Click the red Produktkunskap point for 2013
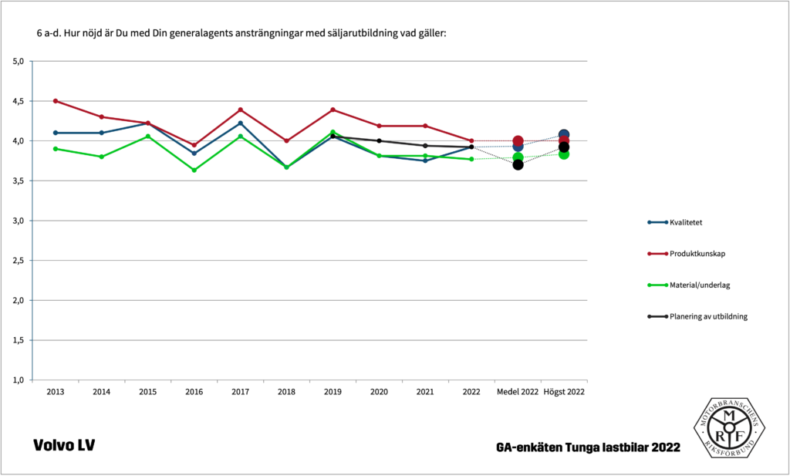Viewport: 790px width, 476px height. pyautogui.click(x=56, y=101)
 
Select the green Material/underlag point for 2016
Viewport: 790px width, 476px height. pyautogui.click(x=194, y=170)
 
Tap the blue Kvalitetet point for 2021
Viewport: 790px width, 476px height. pyautogui.click(x=425, y=160)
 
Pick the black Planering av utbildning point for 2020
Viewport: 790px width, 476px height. pyautogui.click(x=379, y=140)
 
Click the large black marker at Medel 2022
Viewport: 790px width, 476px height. pyautogui.click(x=518, y=164)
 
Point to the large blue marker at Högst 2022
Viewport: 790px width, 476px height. pyautogui.click(x=564, y=135)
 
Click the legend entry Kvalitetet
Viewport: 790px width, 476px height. pyautogui.click(x=690, y=222)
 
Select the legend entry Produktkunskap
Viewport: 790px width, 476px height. pyautogui.click(x=697, y=254)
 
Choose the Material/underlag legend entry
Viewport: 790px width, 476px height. pyautogui.click(x=700, y=285)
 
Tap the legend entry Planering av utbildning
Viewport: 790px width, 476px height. pyautogui.click(x=708, y=316)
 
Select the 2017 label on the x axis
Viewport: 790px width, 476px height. pyautogui.click(x=240, y=392)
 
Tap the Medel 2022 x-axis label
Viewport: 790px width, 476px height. pyautogui.click(x=518, y=392)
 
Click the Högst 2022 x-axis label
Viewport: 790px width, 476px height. pyautogui.click(x=564, y=392)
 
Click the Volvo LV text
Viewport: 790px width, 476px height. pyautogui.click(x=64, y=445)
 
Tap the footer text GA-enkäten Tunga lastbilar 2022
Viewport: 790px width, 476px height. pyautogui.click(x=589, y=447)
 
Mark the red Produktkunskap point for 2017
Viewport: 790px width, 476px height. pyautogui.click(x=240, y=110)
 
